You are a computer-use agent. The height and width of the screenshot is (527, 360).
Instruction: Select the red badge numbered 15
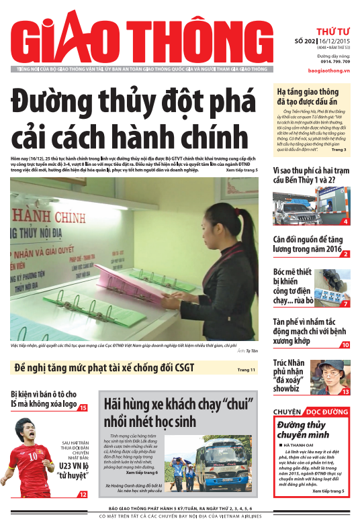point(83,408)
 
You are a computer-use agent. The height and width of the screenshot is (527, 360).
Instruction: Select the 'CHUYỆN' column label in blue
point(287,411)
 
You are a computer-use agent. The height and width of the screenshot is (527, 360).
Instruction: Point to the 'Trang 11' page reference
point(246,370)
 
